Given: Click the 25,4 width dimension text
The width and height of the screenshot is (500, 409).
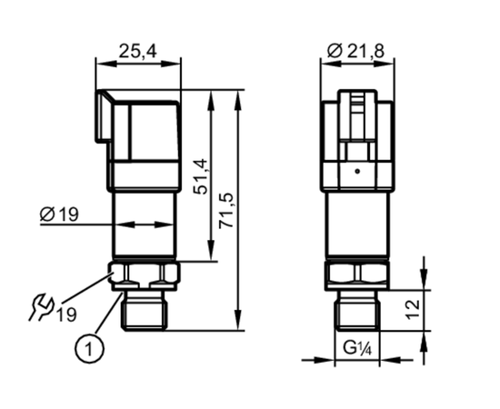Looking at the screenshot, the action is coord(138,51).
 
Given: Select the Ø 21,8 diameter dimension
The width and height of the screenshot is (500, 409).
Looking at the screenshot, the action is coord(355,51).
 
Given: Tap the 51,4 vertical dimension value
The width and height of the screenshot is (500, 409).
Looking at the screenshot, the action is coord(201,176).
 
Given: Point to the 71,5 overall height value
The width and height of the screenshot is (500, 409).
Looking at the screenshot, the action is coord(226,210).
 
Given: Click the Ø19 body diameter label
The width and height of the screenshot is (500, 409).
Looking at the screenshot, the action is coord(59,214).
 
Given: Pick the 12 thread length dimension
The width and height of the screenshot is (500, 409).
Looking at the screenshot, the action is coord(413,309).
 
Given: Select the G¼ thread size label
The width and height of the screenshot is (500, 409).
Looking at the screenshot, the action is coord(357,348).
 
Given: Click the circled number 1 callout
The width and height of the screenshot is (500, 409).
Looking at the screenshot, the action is coord(89,349).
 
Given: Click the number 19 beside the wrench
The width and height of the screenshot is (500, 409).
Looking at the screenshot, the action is coord(66,315).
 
